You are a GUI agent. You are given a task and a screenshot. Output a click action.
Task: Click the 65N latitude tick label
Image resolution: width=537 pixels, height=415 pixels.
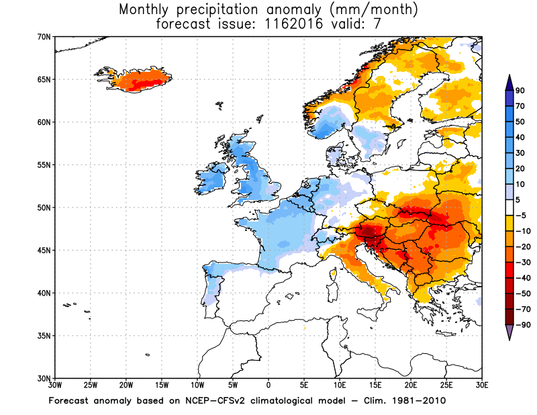(44, 79)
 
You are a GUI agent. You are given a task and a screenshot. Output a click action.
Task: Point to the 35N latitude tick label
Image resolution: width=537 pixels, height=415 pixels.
(44, 336)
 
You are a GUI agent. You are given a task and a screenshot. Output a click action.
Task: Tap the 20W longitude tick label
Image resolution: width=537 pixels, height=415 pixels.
(126, 385)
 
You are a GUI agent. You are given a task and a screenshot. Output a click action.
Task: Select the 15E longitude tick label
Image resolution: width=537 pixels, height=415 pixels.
(375, 385)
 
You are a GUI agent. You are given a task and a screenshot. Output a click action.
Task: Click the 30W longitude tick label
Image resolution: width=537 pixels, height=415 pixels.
(55, 385)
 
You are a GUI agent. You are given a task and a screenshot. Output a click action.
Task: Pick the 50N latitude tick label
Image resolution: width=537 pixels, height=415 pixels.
(44, 207)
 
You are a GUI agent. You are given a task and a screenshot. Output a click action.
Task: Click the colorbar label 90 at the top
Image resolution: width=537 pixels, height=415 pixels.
(520, 92)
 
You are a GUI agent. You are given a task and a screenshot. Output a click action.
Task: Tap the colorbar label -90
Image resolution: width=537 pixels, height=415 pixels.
(522, 325)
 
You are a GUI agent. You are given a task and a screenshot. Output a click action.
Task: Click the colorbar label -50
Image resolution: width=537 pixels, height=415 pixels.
(522, 293)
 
